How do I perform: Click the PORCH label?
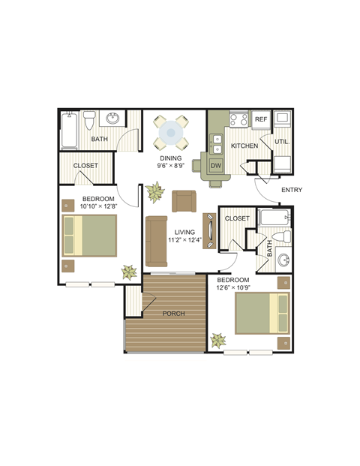(x=173, y=314)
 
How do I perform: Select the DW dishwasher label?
(x=216, y=165)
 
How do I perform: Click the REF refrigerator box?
(x=260, y=119)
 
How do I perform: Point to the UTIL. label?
(x=282, y=141)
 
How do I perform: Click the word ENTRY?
(x=292, y=190)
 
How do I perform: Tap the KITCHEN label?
(x=244, y=145)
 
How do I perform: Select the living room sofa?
(x=157, y=241)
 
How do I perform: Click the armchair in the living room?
(x=184, y=201)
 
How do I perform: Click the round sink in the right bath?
(x=283, y=261)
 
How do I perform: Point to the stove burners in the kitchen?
(x=239, y=119)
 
